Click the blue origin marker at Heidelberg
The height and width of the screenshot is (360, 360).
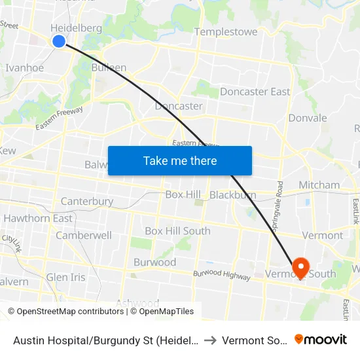(x=59, y=41)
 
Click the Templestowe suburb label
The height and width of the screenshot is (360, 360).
(x=226, y=31)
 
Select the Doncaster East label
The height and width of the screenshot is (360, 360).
(x=255, y=92)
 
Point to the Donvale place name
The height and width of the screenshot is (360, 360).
(x=308, y=118)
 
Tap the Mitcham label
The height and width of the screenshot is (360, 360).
(x=319, y=185)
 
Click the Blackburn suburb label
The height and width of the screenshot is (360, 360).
(x=233, y=195)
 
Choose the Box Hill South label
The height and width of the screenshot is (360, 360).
(x=177, y=231)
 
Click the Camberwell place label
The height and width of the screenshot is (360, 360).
(x=84, y=235)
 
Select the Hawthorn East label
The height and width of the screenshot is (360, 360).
(x=38, y=218)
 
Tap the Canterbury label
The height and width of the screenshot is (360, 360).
(x=86, y=202)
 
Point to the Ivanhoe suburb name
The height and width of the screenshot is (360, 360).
(x=24, y=68)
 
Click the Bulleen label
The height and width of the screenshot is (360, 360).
(x=109, y=67)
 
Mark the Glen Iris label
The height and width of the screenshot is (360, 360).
(x=65, y=278)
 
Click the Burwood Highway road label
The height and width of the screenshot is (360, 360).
(x=222, y=276)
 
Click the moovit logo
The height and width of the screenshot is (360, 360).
(x=321, y=340)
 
